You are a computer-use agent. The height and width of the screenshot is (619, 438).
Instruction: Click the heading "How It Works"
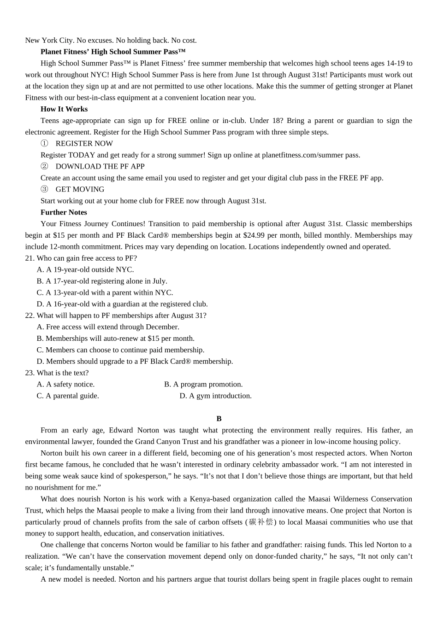pyautogui.click(x=64, y=109)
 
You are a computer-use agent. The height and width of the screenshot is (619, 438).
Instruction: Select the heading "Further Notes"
pyautogui.click(x=64, y=212)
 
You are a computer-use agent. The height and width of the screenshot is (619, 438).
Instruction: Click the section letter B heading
pyautogui.click(x=219, y=419)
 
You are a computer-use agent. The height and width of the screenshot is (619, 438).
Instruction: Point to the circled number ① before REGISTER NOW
pyautogui.click(x=44, y=144)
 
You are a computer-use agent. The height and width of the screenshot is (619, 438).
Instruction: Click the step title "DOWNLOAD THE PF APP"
pyautogui.click(x=100, y=166)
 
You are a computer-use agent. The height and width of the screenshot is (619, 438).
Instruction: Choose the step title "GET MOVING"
pyautogui.click(x=80, y=189)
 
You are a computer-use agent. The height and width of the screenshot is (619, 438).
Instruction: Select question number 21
pyautogui.click(x=30, y=258)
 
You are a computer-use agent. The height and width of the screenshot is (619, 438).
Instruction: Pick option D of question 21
pyautogui.click(x=122, y=304)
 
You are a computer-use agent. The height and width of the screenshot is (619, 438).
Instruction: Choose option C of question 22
pyautogui.click(x=120, y=350)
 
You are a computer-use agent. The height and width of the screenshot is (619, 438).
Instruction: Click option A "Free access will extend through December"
pyautogui.click(x=108, y=327)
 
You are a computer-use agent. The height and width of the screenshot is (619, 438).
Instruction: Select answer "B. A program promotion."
pyautogui.click(x=203, y=385)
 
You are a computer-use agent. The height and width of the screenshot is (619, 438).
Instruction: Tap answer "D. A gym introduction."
pyautogui.click(x=215, y=396)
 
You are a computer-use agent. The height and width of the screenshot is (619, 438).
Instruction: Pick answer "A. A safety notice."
pyautogui.click(x=65, y=385)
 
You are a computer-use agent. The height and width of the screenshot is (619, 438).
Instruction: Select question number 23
pyautogui.click(x=30, y=373)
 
